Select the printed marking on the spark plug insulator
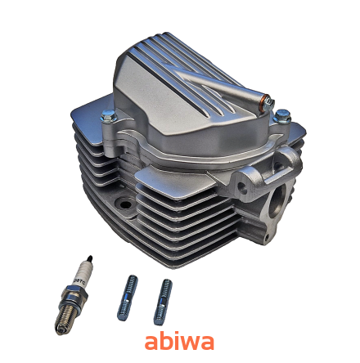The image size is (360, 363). point(79,278)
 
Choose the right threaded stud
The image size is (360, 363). point(164,300)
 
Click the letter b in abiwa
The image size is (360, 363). point(163,338)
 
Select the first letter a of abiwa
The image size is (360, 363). point(151,340)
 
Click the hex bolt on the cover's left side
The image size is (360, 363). point(107,117)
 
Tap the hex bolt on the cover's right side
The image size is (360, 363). point(281,116)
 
